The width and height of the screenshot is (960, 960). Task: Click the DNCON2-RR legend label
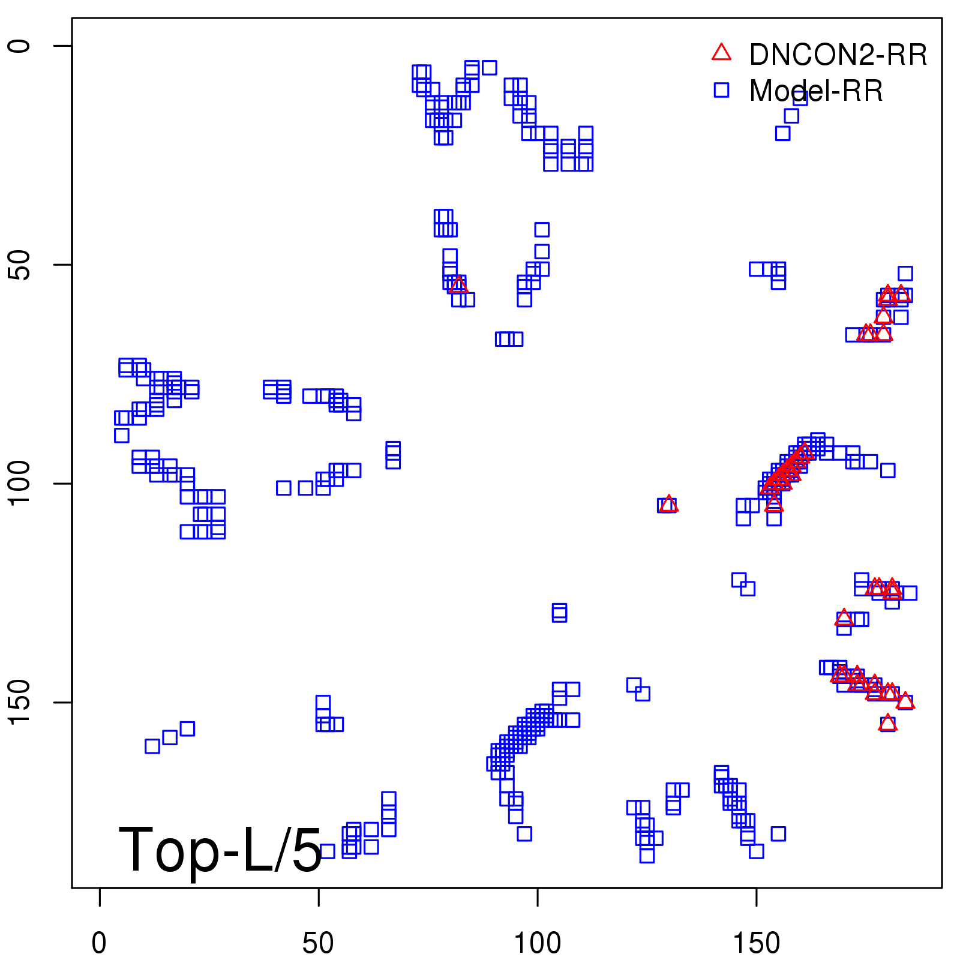[838, 55]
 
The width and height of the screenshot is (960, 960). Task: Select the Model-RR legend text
[816, 91]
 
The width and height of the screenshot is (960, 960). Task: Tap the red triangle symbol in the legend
[721, 53]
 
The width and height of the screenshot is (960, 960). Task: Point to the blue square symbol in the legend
[721, 90]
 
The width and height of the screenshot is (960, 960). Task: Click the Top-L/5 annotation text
[220, 850]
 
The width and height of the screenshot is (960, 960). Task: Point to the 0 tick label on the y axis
[19, 46]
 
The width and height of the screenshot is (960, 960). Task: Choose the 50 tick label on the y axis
[19, 265]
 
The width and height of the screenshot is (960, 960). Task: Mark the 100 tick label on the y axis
[19, 484]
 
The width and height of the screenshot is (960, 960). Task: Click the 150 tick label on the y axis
[19, 703]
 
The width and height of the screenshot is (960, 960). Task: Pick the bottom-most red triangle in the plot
[887, 723]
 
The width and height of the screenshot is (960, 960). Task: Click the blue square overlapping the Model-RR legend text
[800, 98]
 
